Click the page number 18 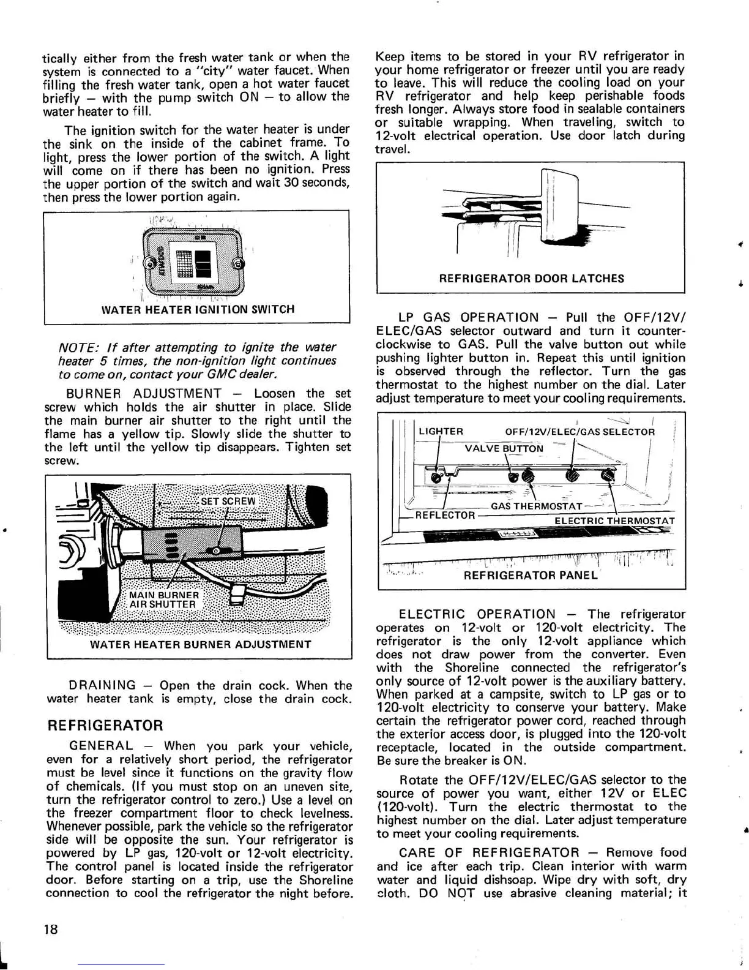51,929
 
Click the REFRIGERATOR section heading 105,726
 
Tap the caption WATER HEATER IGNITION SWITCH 198,309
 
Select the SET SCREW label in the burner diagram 228,501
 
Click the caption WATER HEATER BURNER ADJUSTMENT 200,644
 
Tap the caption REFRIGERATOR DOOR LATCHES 531,279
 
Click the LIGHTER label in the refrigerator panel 441,431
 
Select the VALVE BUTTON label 504,448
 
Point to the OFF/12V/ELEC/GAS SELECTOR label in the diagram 579,432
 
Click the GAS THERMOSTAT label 536,506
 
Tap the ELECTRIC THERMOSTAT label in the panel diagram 614,521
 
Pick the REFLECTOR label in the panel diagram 445,515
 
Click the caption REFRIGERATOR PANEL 531,575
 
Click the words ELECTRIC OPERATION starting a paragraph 477,614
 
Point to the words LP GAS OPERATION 468,318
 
